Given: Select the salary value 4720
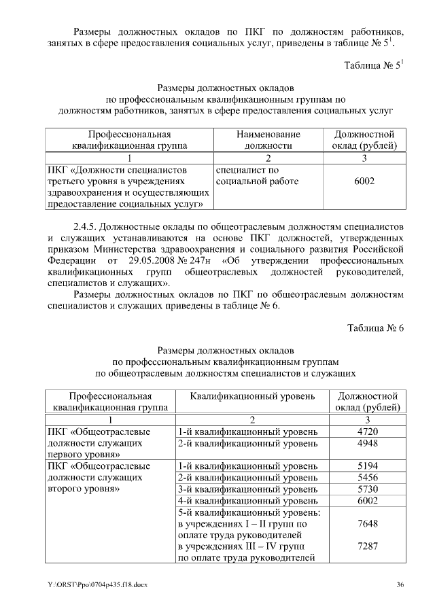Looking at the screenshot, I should (367, 432).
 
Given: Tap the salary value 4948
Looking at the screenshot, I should (367, 444).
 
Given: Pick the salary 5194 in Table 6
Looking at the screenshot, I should (367, 466).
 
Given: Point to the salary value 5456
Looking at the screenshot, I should (367, 478).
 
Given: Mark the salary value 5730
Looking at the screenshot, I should (367, 489).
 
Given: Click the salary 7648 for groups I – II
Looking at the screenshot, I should (367, 524).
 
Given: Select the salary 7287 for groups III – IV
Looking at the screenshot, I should (367, 547).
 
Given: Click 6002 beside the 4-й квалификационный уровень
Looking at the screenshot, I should (367, 501).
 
